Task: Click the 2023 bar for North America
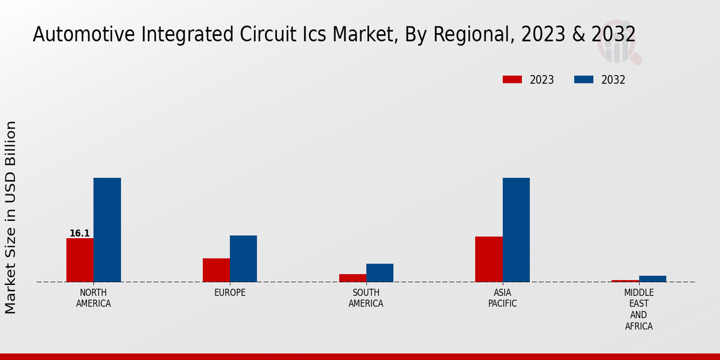pyautogui.click(x=80, y=260)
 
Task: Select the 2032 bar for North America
pyautogui.click(x=107, y=230)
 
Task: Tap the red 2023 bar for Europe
pyautogui.click(x=216, y=270)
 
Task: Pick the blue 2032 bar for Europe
pyautogui.click(x=243, y=259)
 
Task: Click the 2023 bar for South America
pyautogui.click(x=352, y=278)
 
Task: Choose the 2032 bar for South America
pyautogui.click(x=380, y=272)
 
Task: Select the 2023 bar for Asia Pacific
pyautogui.click(x=488, y=259)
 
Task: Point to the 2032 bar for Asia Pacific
pyautogui.click(x=516, y=230)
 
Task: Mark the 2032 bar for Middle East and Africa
pyautogui.click(x=652, y=278)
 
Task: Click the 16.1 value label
pyautogui.click(x=80, y=233)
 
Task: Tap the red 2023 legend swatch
pyautogui.click(x=512, y=80)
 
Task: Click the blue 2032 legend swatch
pyautogui.click(x=584, y=80)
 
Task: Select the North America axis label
pyautogui.click(x=94, y=298)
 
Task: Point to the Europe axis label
pyautogui.click(x=230, y=293)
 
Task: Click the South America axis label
pyautogui.click(x=366, y=298)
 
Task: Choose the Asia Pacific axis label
pyautogui.click(x=502, y=298)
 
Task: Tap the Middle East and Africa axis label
pyautogui.click(x=638, y=310)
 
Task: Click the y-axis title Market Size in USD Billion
pyautogui.click(x=11, y=217)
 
